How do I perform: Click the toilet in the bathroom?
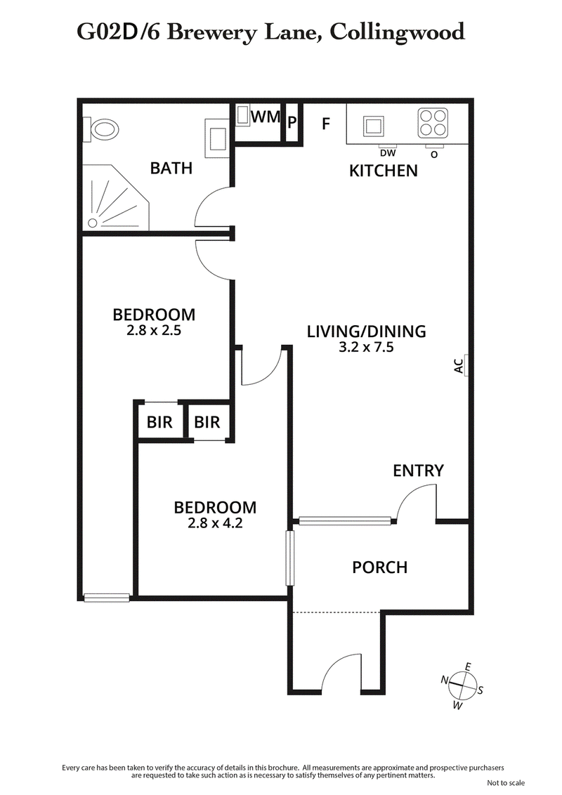coord(103,130)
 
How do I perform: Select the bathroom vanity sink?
coord(216,137)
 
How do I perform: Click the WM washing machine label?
coord(266,117)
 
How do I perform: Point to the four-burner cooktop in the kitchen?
coord(433,124)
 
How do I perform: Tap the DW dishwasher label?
coord(387,153)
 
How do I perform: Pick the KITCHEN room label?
coord(384,171)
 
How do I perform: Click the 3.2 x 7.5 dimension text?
coord(366,346)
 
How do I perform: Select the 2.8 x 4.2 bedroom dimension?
coord(215,523)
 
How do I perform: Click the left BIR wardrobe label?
coord(159,423)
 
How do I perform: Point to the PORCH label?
coord(379,567)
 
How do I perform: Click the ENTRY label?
coord(418,471)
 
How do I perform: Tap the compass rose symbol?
coord(462,683)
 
